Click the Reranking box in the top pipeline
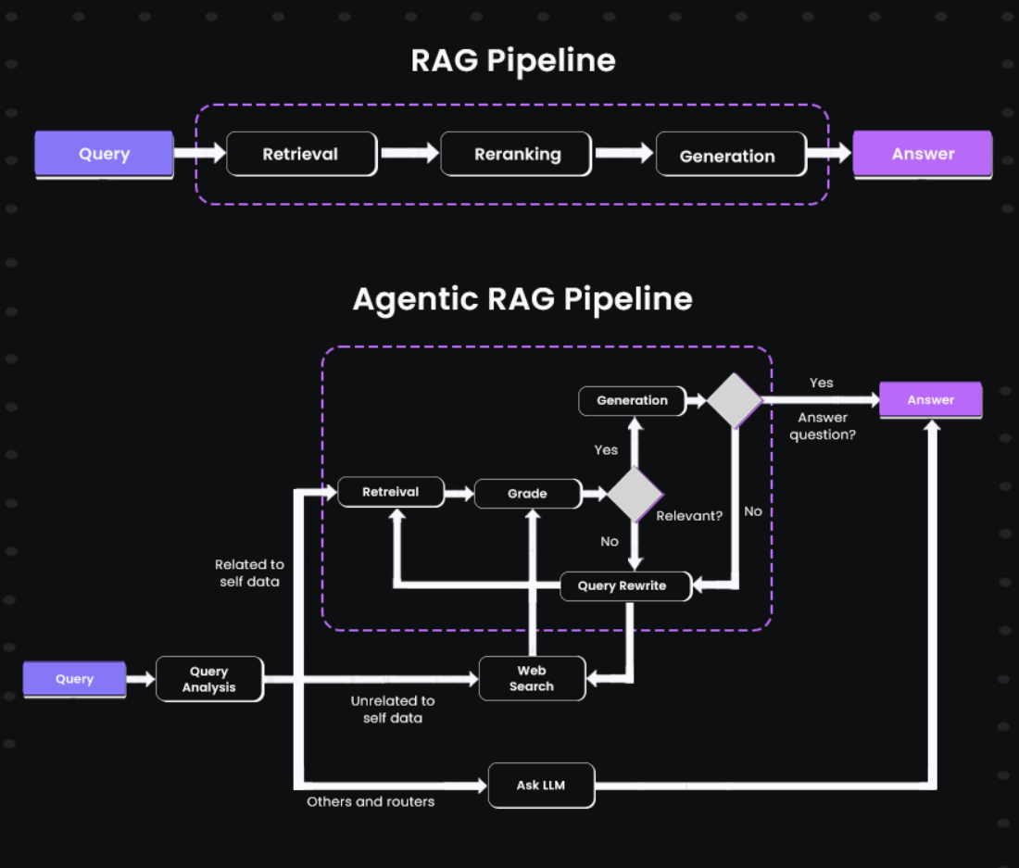click(516, 155)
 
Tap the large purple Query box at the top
click(104, 154)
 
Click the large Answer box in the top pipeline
click(922, 154)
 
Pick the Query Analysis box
click(209, 679)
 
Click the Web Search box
click(532, 678)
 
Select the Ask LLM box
click(541, 786)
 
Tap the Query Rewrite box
click(626, 586)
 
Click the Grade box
click(527, 494)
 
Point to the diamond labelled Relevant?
click(635, 494)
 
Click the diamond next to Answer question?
click(734, 400)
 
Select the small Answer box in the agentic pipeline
click(930, 400)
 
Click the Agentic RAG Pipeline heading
click(522, 299)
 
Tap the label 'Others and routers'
click(371, 801)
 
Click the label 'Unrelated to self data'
click(393, 710)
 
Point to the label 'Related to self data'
click(249, 572)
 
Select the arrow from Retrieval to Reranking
click(409, 153)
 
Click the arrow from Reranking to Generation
click(623, 153)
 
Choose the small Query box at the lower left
click(74, 679)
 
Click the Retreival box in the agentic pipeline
click(390, 492)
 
